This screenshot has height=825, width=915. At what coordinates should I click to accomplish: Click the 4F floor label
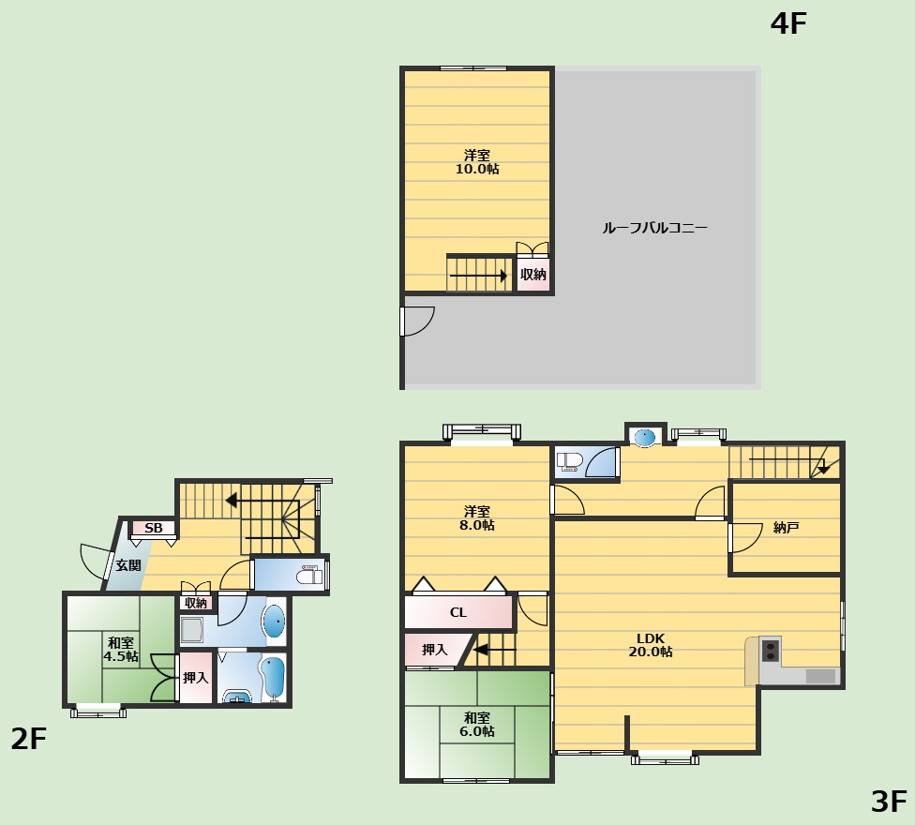point(788,24)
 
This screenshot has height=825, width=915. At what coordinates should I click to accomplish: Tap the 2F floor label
point(28,739)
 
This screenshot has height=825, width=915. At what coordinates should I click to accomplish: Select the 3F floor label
point(889,802)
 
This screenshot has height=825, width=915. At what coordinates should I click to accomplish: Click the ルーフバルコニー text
point(654,228)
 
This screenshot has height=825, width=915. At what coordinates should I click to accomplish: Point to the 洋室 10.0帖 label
point(477,162)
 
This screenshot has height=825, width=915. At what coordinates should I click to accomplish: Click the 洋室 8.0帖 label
point(477,518)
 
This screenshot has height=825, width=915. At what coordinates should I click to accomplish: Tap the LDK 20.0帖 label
point(650,645)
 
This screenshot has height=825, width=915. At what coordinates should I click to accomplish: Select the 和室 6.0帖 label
point(477,724)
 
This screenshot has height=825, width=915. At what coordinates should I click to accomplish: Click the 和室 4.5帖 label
point(121,650)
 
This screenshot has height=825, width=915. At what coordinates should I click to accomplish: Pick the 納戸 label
point(786,528)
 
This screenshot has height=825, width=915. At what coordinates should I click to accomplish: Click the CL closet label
point(458,612)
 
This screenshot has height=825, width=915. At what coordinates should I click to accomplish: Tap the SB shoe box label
point(154,528)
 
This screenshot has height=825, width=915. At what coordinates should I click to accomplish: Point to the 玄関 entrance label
point(127,565)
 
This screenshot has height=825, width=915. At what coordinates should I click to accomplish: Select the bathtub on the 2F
point(272,677)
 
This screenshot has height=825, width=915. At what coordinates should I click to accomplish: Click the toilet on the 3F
point(570,461)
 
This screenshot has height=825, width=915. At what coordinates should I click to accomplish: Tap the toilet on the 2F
point(309,576)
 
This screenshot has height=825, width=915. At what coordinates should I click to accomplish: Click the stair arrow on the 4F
point(478,276)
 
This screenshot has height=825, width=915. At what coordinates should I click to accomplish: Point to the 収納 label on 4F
point(532,275)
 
